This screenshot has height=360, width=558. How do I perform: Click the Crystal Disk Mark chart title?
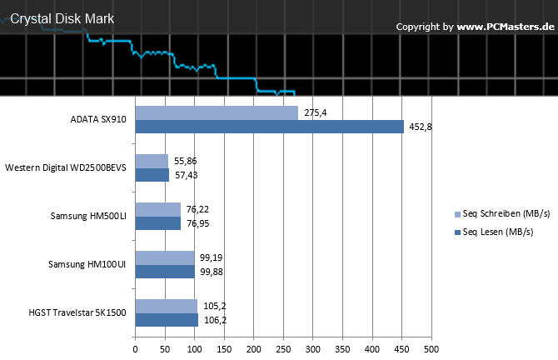(62, 19)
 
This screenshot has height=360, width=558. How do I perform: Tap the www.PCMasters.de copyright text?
(506, 27)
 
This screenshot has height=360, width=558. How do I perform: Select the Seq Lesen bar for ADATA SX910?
(269, 127)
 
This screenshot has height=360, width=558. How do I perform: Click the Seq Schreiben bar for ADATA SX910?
(217, 112)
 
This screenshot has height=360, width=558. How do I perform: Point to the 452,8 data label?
(421, 127)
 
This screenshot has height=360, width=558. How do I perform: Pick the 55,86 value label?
(186, 161)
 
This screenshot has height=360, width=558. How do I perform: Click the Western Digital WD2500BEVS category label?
(66, 167)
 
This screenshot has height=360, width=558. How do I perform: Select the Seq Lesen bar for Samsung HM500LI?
(158, 223)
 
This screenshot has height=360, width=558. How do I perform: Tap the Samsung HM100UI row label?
(87, 264)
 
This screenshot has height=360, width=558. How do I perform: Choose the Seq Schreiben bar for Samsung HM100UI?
(165, 257)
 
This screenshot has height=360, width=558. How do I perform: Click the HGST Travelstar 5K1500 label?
(77, 312)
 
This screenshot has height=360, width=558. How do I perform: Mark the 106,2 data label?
(215, 320)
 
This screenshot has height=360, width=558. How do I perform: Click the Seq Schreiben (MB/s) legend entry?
(502, 213)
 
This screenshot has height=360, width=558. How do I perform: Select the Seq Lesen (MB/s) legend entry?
(494, 232)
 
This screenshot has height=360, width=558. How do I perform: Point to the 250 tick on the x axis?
(283, 349)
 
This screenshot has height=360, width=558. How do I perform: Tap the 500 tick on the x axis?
(431, 349)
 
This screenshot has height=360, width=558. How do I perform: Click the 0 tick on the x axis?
(135, 349)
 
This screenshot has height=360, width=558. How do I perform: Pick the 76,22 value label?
(197, 209)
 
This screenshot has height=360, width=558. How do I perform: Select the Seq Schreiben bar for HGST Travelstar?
(167, 306)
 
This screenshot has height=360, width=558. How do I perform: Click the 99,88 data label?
(212, 272)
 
